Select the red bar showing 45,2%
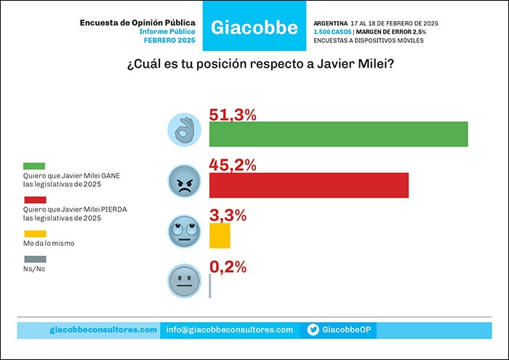point(308,185)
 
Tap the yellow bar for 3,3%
point(219,236)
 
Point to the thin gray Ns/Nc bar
point(210,285)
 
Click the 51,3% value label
point(233,115)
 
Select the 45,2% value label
point(233,165)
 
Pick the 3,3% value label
point(228,215)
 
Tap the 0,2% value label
point(228,265)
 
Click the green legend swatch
point(34,167)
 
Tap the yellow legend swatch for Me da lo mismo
point(34,233)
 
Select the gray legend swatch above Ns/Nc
point(34,259)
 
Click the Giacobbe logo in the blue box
point(254,28)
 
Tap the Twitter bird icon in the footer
point(313,329)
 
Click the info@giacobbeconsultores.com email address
point(229,329)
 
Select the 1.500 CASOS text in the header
point(332,32)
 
